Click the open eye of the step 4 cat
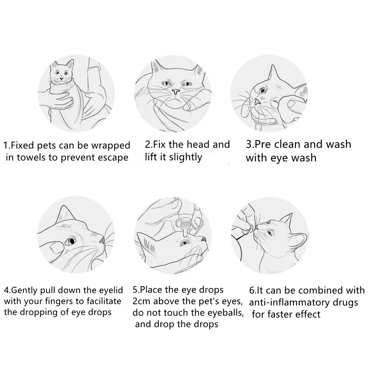70,241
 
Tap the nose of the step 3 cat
257,102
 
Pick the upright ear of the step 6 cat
286,219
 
